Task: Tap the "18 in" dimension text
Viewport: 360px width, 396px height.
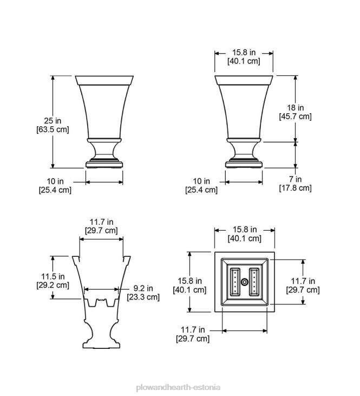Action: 295,108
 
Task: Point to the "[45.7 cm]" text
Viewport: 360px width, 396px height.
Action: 295,116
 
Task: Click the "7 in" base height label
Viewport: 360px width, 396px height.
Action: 295,179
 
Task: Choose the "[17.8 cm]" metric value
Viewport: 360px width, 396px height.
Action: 295,188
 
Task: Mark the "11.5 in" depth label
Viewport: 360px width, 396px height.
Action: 53,276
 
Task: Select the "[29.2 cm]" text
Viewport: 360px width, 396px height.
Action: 53,285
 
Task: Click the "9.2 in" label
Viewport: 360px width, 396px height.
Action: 143,288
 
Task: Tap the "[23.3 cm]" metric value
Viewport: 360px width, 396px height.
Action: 143,297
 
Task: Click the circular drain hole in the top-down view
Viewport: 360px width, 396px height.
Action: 244,282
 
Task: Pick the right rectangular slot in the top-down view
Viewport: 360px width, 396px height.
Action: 253,282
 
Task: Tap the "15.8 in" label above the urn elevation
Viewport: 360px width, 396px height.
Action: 244,53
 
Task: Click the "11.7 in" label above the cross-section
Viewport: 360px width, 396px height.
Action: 101,222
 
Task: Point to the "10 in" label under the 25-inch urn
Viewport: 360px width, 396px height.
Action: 55,180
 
